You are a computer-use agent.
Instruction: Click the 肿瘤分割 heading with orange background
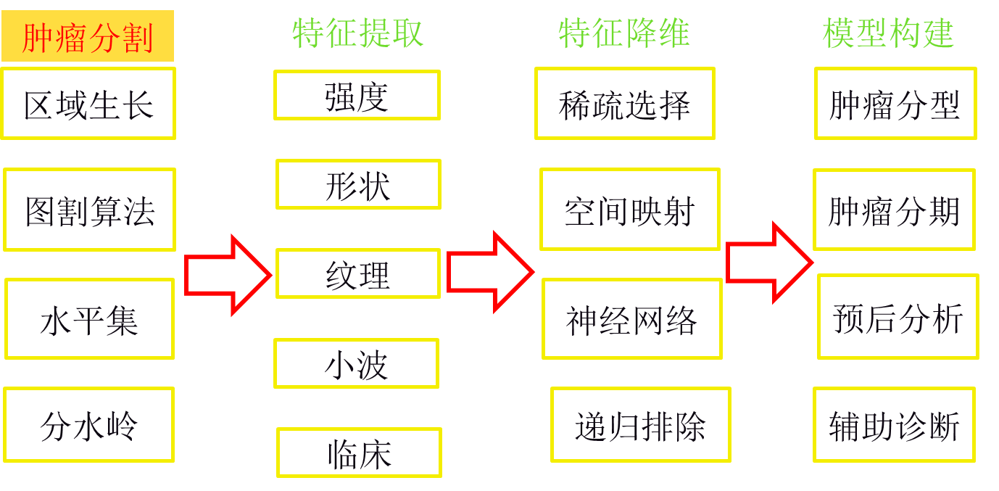(x=88, y=36)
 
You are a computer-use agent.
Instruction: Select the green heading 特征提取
(x=357, y=33)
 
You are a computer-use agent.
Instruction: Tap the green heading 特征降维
(x=624, y=33)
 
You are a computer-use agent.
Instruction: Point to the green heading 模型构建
(x=888, y=33)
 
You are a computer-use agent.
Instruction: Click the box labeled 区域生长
(x=88, y=104)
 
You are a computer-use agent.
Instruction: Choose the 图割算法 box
(x=89, y=210)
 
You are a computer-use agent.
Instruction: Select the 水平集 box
(x=89, y=318)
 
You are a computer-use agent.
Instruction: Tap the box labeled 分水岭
(x=88, y=425)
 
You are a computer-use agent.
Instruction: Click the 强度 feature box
(x=357, y=95)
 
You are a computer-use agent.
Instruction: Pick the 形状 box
(x=358, y=184)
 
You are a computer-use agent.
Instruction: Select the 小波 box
(x=357, y=363)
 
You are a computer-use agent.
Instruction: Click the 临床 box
(x=359, y=453)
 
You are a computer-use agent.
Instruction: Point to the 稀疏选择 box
(x=625, y=104)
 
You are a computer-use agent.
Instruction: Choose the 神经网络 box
(x=632, y=318)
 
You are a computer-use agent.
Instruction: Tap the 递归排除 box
(x=640, y=425)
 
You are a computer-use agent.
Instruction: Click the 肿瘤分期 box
(x=894, y=210)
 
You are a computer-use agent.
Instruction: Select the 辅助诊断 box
(x=894, y=425)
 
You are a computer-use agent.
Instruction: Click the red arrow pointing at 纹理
(x=228, y=276)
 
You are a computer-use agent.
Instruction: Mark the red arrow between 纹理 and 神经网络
(x=490, y=272)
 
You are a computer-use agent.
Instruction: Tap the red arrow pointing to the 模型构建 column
(x=770, y=263)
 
